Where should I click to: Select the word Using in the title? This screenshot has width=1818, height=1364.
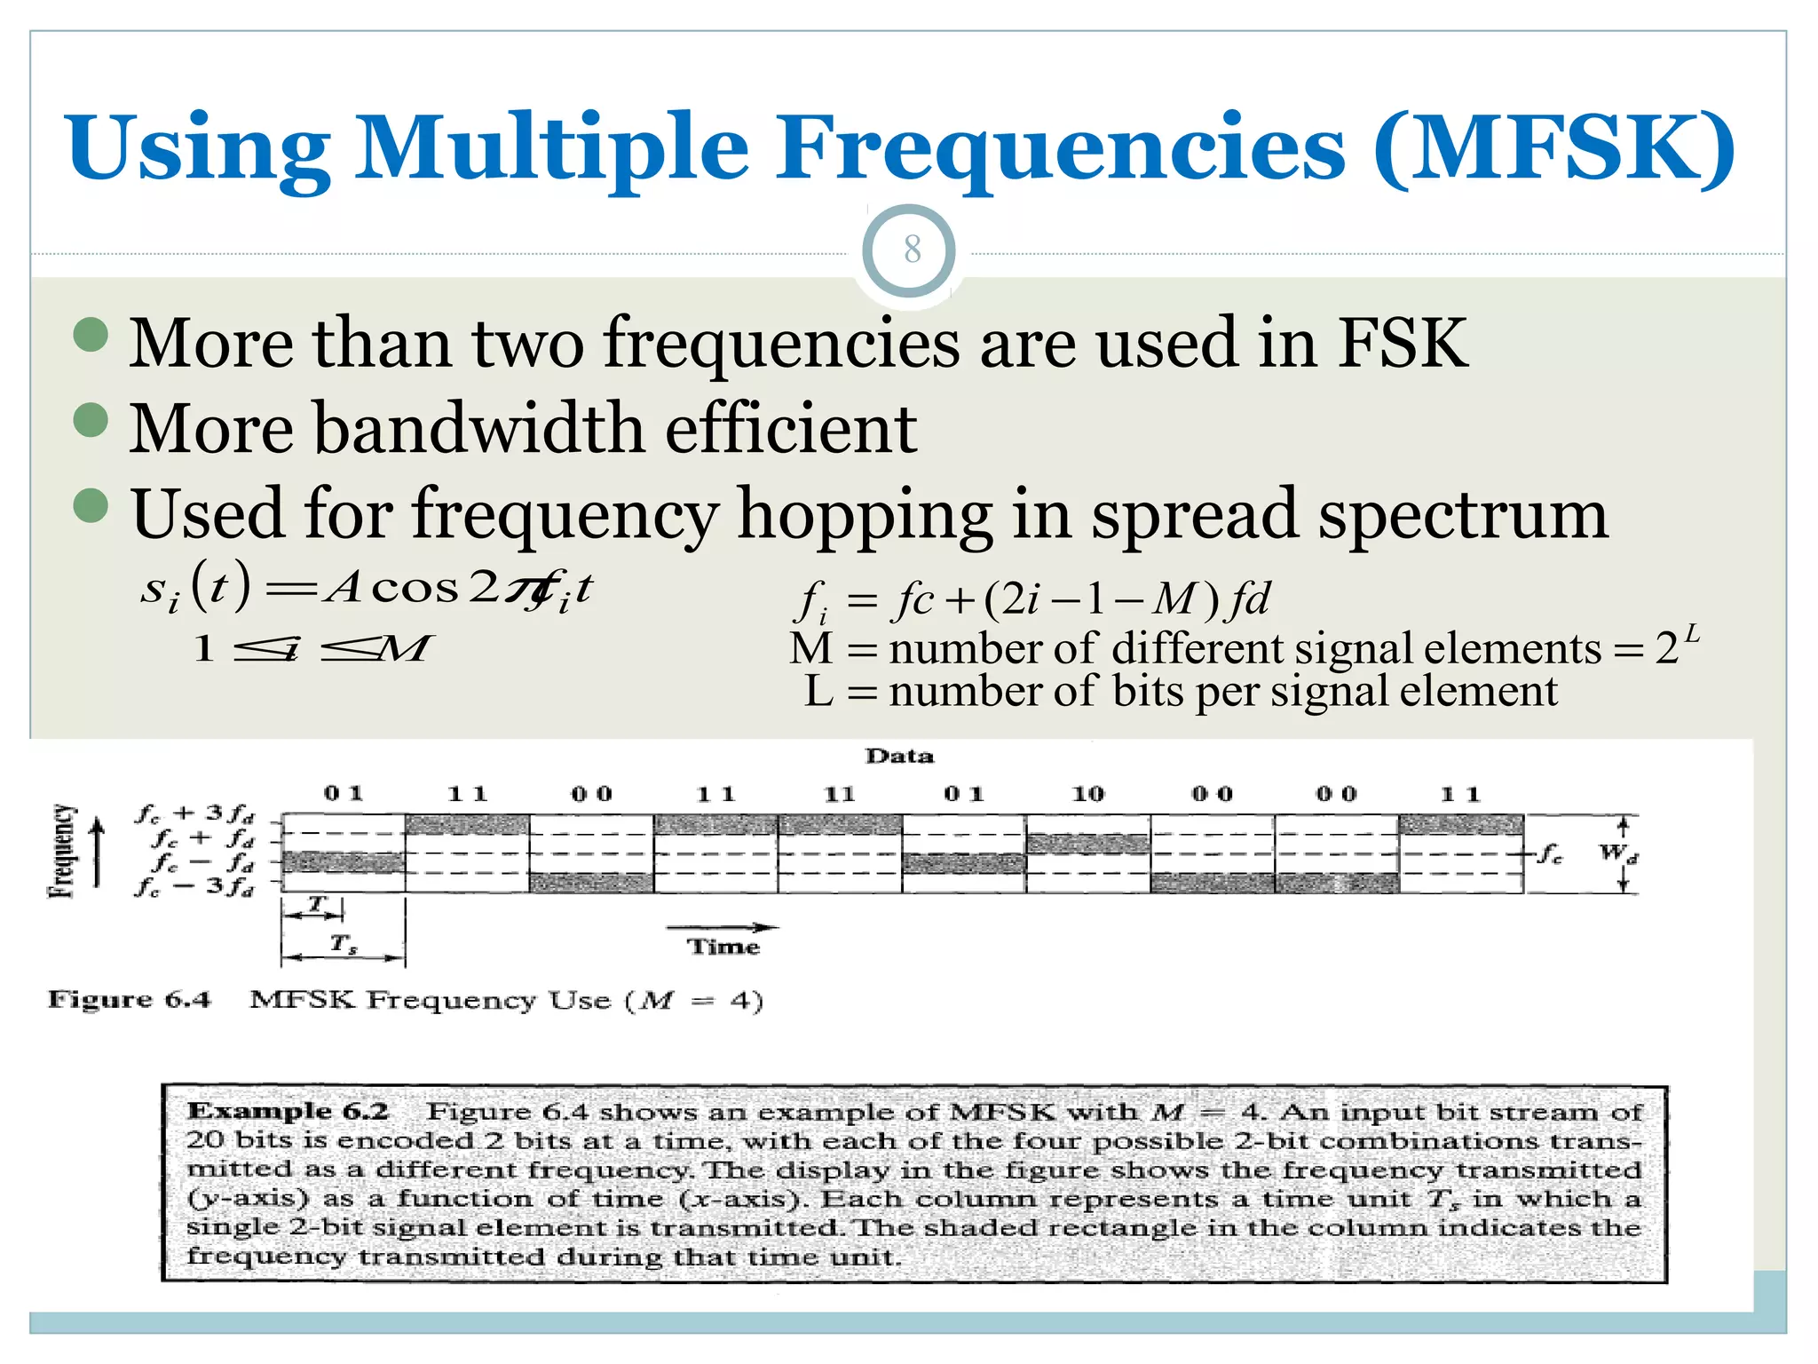coord(198,147)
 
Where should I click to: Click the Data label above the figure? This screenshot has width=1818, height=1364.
coord(899,756)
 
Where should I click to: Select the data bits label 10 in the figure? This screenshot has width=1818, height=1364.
coord(1087,794)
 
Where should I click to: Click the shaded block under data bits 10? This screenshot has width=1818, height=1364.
coord(1087,843)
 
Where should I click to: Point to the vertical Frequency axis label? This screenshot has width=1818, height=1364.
coord(62,851)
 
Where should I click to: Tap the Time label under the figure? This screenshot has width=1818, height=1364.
coord(723,947)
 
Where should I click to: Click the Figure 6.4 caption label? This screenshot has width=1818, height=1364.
coord(130,1000)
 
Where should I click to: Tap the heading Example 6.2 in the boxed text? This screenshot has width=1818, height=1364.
coord(289,1111)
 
